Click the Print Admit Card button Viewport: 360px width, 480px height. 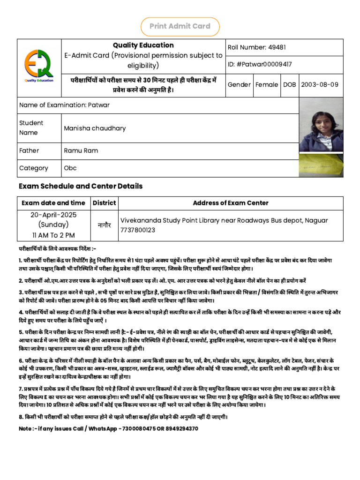[180, 26]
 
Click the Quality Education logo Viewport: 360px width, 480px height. [39, 68]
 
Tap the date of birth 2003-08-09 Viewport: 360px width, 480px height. [319, 85]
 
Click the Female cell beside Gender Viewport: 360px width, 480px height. [267, 85]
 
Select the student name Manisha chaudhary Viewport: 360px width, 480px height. [95, 128]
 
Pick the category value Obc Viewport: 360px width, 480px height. [70, 168]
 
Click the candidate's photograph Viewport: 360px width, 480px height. [321, 131]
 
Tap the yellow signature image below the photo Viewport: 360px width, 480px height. [321, 165]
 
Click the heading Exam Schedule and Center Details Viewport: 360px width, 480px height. [81, 186]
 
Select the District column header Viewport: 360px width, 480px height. [104, 203]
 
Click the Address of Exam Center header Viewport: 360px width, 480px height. [231, 203]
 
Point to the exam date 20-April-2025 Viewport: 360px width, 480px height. [53, 215]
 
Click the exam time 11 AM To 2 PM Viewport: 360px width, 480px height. [53, 235]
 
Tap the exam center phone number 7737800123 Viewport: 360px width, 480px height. [138, 230]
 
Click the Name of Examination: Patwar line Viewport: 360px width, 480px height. [64, 105]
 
